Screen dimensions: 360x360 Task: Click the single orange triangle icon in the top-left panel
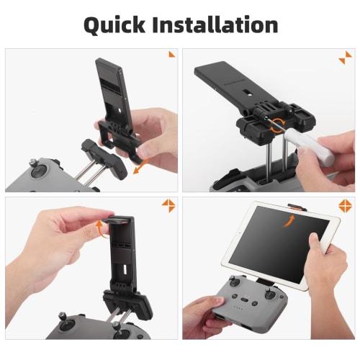tap(171, 54)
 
